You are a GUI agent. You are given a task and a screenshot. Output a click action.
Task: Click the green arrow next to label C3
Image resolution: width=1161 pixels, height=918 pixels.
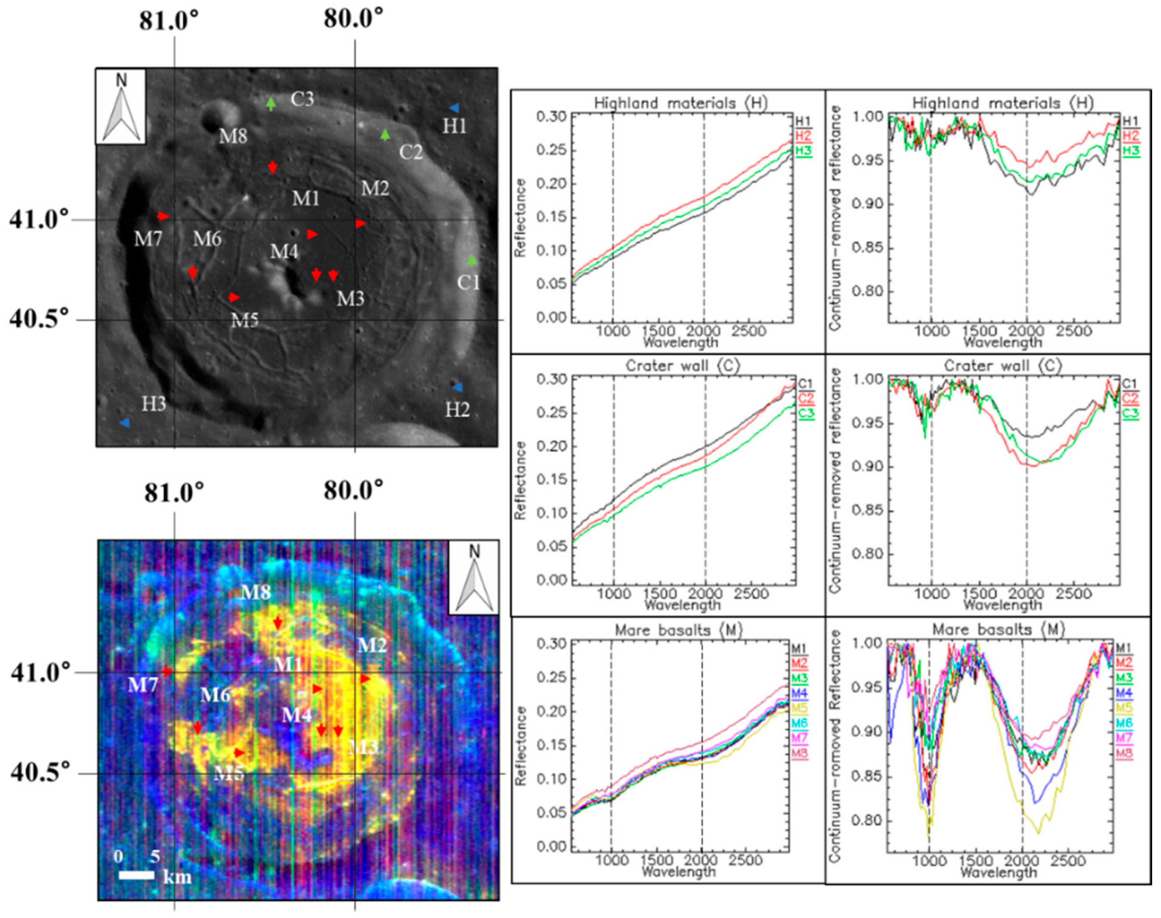tap(271, 103)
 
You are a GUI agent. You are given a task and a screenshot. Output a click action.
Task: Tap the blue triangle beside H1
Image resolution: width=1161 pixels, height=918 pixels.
tap(454, 108)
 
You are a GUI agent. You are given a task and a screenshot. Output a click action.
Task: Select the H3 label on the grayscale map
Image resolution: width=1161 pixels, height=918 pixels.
tap(153, 404)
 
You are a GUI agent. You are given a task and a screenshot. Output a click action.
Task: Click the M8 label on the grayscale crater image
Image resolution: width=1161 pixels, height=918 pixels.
tap(233, 136)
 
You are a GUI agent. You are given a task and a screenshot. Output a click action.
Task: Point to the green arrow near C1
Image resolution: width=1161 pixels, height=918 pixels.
tap(472, 260)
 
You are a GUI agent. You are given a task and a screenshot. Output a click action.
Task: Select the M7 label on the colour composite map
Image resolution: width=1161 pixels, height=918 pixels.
tap(143, 685)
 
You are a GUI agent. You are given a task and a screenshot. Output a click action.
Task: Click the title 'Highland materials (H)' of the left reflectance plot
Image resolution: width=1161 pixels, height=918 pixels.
tap(681, 103)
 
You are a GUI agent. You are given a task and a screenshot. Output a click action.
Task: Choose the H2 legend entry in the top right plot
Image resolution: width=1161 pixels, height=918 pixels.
tap(1129, 136)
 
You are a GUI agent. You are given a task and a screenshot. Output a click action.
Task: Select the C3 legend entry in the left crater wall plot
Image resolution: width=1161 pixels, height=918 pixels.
tap(806, 413)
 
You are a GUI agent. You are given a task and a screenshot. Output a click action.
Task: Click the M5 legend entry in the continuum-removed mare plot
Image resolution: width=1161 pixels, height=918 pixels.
tap(1124, 707)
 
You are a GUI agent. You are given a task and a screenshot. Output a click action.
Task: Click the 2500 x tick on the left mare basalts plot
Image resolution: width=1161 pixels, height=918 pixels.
tap(745, 861)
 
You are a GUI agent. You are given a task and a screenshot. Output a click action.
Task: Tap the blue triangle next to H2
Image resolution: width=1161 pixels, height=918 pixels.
tap(457, 387)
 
